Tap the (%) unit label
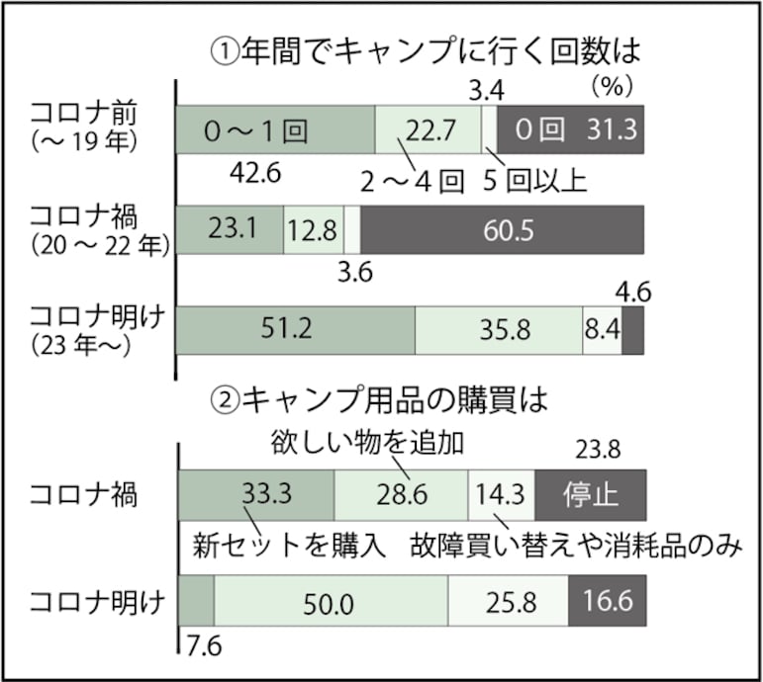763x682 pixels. coord(611,88)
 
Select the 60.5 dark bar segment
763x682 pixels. coord(503,231)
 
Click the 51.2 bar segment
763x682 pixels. coord(295,330)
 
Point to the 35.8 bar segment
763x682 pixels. coord(499,330)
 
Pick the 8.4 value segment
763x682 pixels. coord(602,330)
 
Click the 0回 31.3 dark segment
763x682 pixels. coord(571,129)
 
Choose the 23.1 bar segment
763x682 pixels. coord(230,231)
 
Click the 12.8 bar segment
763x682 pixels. coord(313,231)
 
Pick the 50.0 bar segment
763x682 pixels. coord(331,602)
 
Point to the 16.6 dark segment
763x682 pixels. coord(607,602)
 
